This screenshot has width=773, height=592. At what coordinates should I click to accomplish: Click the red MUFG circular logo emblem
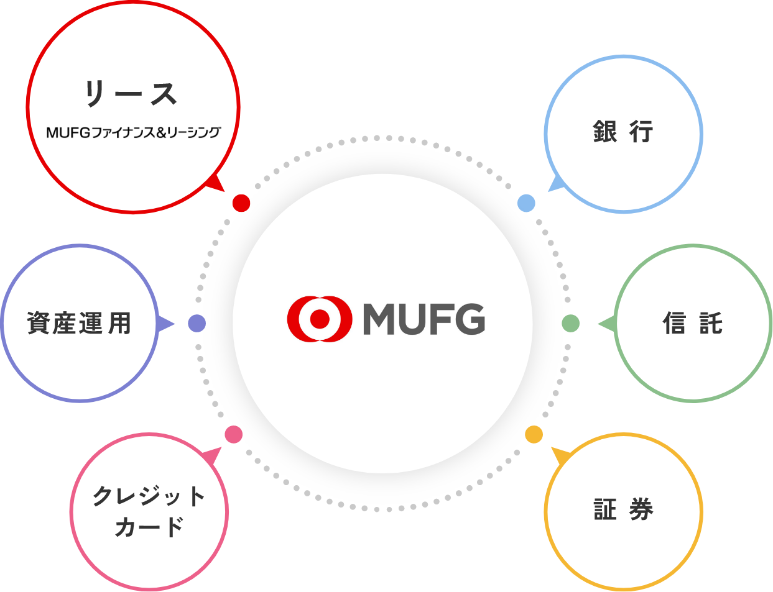[x=320, y=319]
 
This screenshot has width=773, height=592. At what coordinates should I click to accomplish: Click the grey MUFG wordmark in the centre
[x=424, y=319]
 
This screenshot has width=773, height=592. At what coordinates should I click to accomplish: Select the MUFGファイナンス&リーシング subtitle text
[x=133, y=132]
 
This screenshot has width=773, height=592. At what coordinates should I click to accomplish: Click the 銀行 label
[x=623, y=132]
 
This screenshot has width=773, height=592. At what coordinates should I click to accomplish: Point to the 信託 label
[x=693, y=323]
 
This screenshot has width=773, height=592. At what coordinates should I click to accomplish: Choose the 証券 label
[x=623, y=510]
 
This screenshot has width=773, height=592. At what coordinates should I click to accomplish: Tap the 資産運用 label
[x=80, y=323]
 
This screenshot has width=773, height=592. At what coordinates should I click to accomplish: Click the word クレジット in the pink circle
[x=149, y=496]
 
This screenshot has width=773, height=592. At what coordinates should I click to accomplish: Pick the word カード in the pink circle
[x=149, y=527]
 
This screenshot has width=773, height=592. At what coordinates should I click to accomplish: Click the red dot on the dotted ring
[x=241, y=203]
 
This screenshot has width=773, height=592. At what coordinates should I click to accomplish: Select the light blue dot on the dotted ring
[x=526, y=203]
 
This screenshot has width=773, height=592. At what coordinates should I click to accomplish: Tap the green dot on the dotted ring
[x=570, y=323]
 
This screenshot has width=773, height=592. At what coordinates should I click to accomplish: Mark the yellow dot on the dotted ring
[x=534, y=434]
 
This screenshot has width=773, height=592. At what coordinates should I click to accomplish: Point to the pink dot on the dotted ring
[x=233, y=434]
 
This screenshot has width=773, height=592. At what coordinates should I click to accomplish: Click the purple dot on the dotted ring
[x=197, y=323]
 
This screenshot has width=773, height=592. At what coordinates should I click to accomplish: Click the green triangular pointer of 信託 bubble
[x=607, y=324]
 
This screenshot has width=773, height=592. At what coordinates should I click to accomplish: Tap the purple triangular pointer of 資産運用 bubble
[x=165, y=324]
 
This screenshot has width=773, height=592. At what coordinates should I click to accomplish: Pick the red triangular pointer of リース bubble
[x=215, y=183]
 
